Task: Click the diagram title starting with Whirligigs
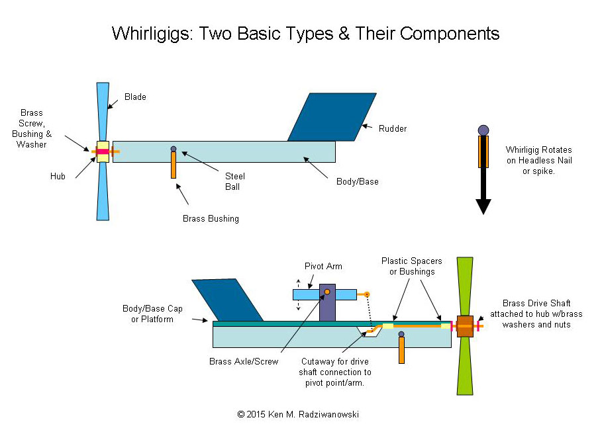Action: click(x=305, y=32)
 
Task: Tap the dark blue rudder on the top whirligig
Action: click(x=331, y=117)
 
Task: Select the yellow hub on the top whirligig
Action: click(x=103, y=151)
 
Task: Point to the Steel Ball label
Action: click(x=235, y=181)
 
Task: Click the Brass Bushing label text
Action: click(x=211, y=218)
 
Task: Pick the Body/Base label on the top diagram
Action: click(x=358, y=181)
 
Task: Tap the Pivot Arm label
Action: click(x=323, y=266)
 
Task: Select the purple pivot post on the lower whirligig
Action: click(x=327, y=303)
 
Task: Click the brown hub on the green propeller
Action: click(x=465, y=326)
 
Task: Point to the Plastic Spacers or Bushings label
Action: click(x=411, y=266)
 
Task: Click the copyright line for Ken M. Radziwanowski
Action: click(x=298, y=414)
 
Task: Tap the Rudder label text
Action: click(x=393, y=128)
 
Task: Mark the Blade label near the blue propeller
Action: click(x=135, y=97)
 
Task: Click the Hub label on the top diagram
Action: click(x=58, y=177)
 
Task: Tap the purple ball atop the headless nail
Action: click(x=483, y=130)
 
